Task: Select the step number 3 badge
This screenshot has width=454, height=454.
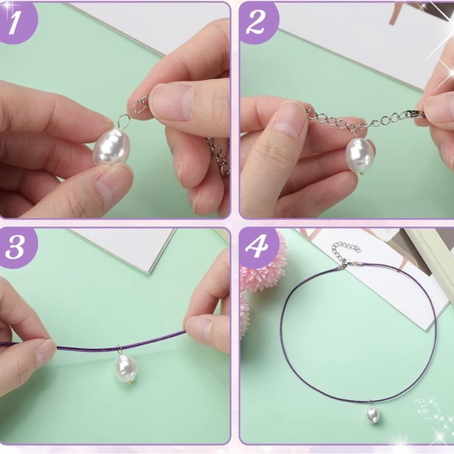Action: [x=15, y=248]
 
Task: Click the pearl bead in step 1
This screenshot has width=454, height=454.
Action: [x=111, y=147]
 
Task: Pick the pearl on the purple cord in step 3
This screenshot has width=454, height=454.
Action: [x=125, y=369]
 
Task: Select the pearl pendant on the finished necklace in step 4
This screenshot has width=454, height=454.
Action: [x=373, y=414]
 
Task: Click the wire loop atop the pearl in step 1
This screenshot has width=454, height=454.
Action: [x=124, y=121]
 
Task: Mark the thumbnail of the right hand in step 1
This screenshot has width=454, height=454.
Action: [x=171, y=102]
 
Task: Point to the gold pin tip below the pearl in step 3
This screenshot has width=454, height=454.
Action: [x=131, y=384]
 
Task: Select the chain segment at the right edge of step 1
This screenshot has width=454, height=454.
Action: [x=219, y=156]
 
